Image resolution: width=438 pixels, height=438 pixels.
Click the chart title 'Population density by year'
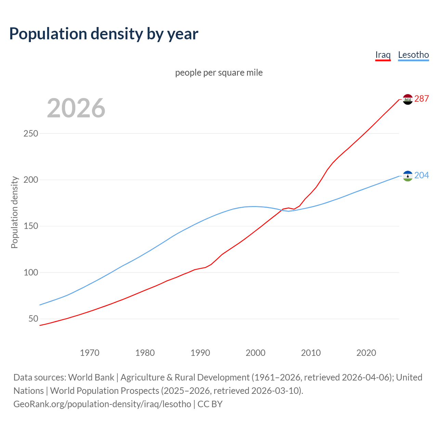pyautogui.click(x=104, y=34)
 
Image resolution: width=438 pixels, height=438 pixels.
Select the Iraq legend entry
pyautogui.click(x=383, y=55)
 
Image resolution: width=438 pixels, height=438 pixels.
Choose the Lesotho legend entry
pyautogui.click(x=413, y=55)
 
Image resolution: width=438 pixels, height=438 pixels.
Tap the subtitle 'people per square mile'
pyautogui.click(x=219, y=73)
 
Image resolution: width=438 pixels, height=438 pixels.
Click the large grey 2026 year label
pyautogui.click(x=76, y=108)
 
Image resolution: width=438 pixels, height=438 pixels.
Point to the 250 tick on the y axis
pyautogui.click(x=30, y=133)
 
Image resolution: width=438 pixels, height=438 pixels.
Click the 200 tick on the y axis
pyautogui.click(x=30, y=180)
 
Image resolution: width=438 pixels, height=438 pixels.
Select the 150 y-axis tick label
pyautogui.click(x=30, y=226)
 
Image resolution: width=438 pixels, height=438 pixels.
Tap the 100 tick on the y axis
pyautogui.click(x=30, y=273)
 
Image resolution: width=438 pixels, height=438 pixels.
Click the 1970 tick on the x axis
pyautogui.click(x=90, y=353)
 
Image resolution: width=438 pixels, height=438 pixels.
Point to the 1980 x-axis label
pyautogui.click(x=145, y=353)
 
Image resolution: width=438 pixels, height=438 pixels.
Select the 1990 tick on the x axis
pyautogui.click(x=200, y=353)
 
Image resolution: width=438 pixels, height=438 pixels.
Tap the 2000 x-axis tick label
pyautogui.click(x=256, y=353)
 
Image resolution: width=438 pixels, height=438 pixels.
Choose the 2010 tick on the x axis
pyautogui.click(x=311, y=353)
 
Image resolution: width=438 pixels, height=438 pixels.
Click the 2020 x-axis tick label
pyautogui.click(x=366, y=353)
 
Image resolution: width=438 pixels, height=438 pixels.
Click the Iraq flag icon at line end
pyautogui.click(x=408, y=99)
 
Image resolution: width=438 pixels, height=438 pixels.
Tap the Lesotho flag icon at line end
pyautogui.click(x=408, y=176)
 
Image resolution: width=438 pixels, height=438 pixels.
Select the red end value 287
pyautogui.click(x=422, y=99)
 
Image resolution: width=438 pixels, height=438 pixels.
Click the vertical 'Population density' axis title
pyautogui.click(x=14, y=212)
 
